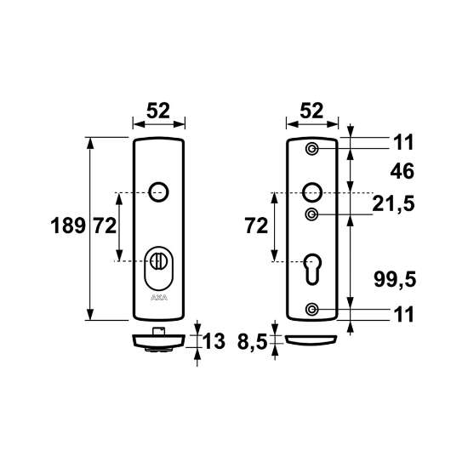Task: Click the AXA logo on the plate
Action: click(x=157, y=298)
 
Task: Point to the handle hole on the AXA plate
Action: click(x=157, y=191)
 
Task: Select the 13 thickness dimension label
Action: click(x=214, y=342)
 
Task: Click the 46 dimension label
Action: click(x=400, y=171)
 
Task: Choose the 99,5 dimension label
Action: click(x=394, y=278)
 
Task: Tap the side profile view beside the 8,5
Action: click(x=312, y=340)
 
